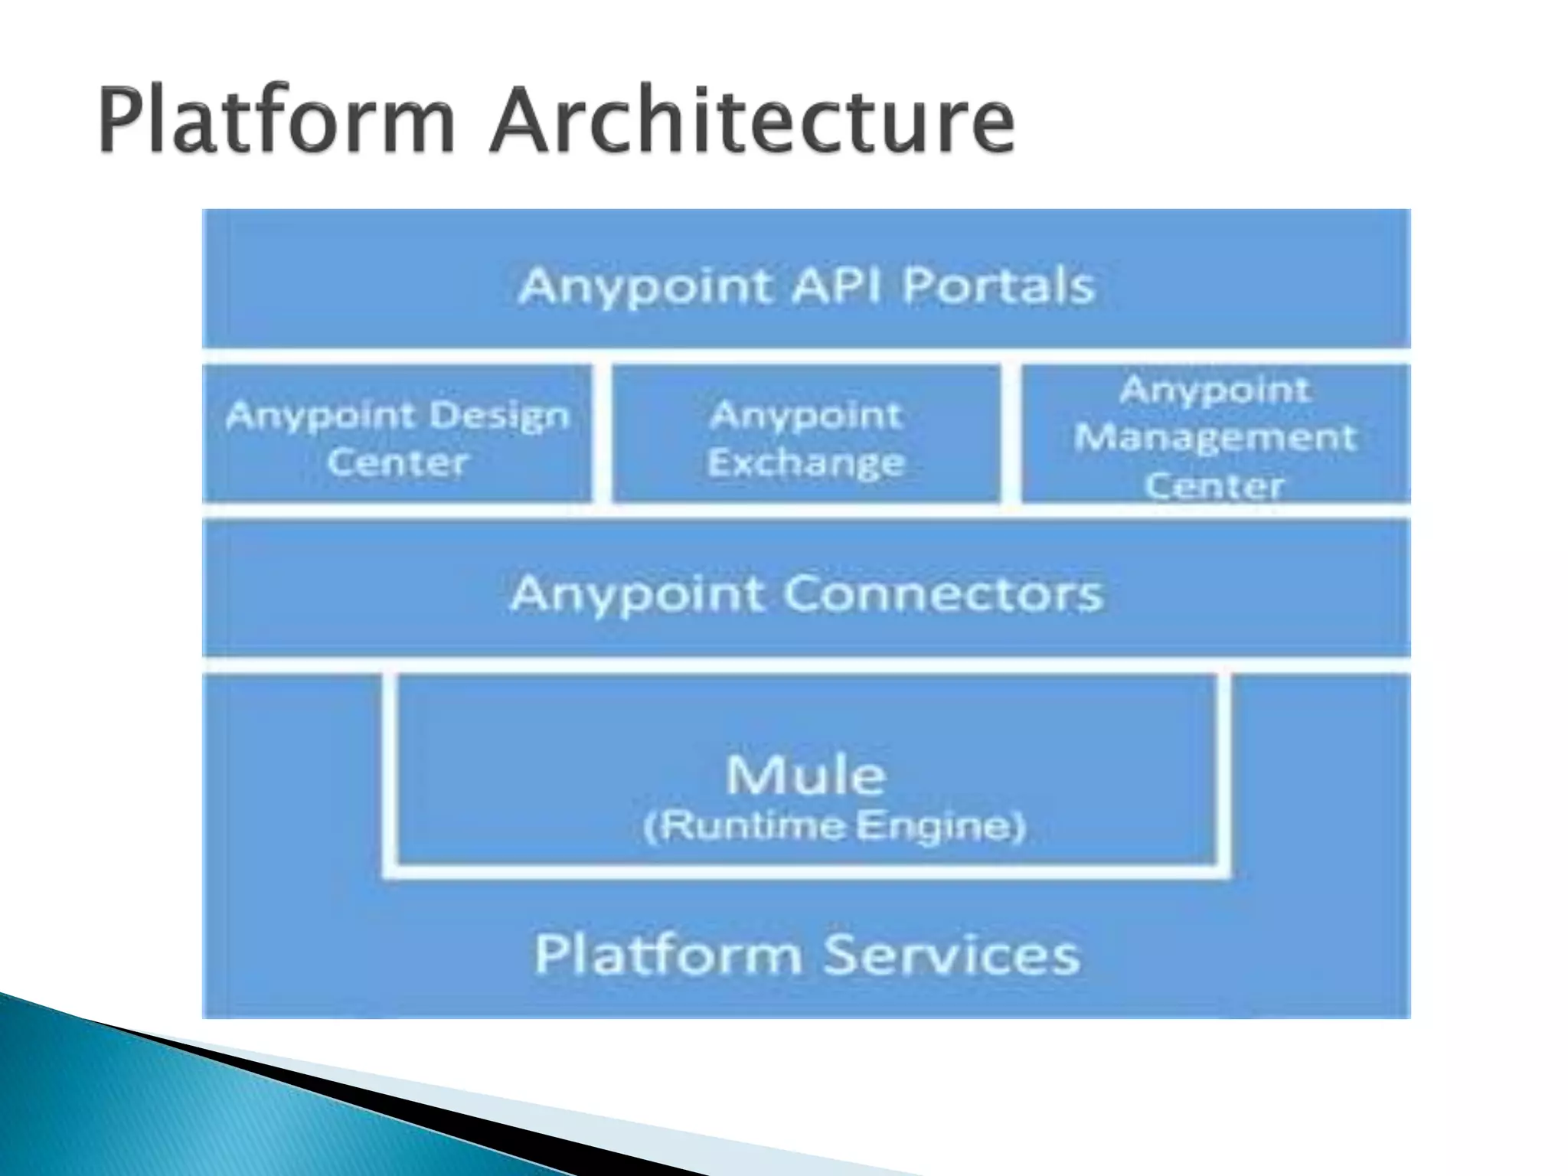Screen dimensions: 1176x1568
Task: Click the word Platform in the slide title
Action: pos(277,120)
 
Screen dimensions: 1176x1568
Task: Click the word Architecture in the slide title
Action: pos(753,120)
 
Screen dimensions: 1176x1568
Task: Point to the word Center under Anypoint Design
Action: pos(397,462)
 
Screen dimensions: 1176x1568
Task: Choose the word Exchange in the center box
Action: pos(805,462)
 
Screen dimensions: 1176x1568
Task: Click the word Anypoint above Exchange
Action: pos(805,416)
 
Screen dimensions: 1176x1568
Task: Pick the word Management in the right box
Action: pos(1215,438)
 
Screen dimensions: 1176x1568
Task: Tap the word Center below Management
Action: pos(1215,485)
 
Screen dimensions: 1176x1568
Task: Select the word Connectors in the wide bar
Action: pos(943,593)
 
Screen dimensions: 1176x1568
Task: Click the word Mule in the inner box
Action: pos(805,775)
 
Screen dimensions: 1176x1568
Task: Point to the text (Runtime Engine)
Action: pos(835,826)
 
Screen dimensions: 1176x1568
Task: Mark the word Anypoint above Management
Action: pos(1215,390)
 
